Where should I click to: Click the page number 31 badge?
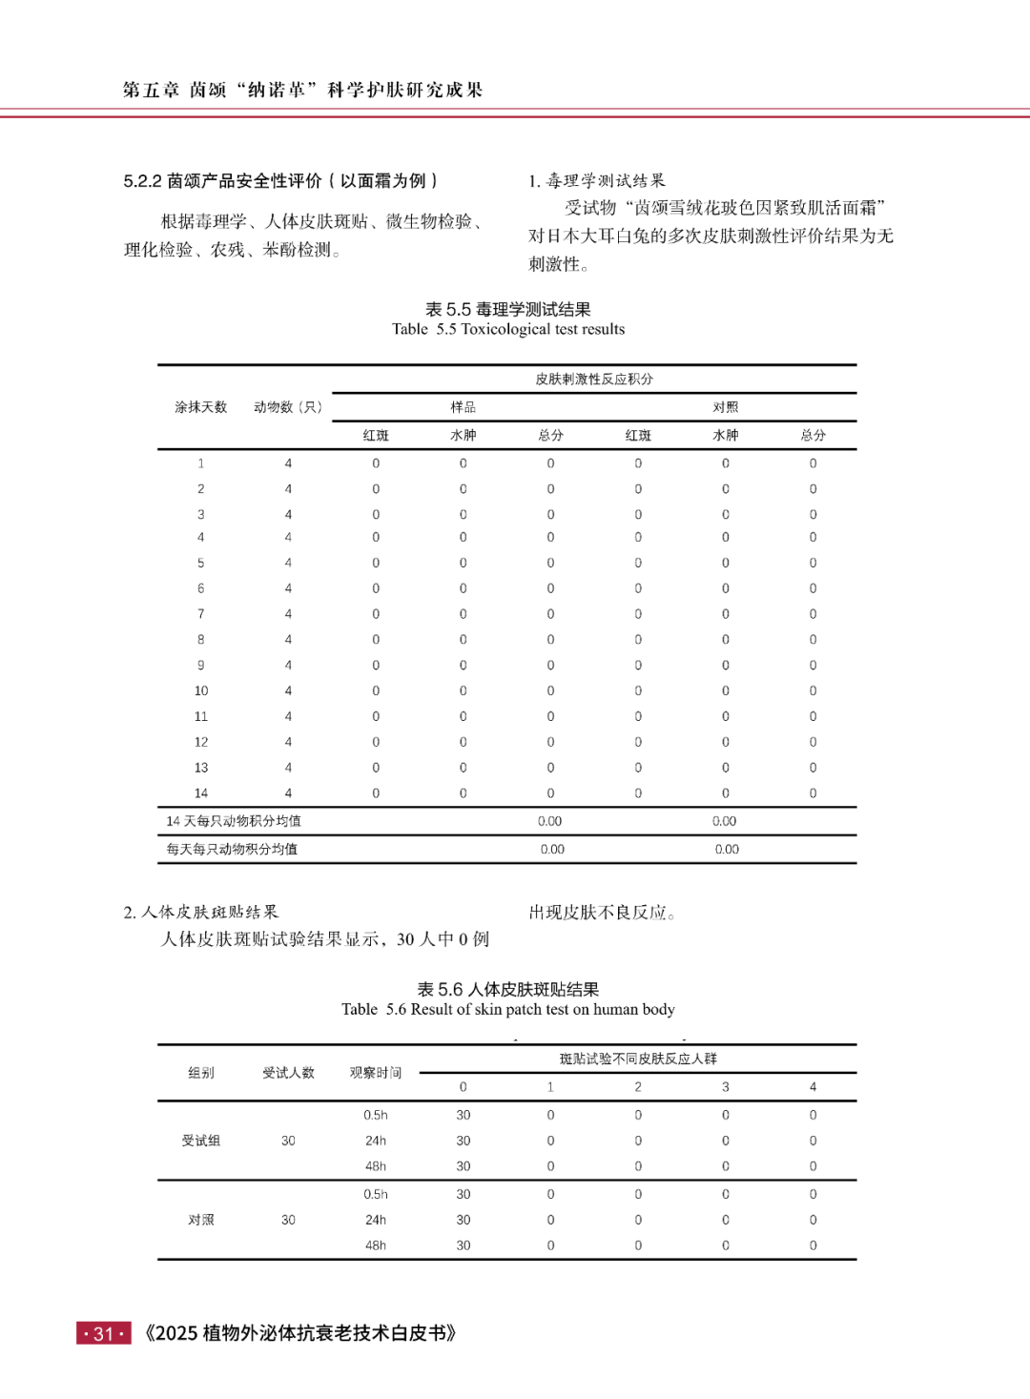103,1333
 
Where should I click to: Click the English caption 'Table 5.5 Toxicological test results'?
507,329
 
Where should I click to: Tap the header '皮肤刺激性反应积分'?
593,379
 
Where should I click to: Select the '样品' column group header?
463,407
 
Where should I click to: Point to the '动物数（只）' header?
288,407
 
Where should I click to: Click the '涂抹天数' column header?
200,407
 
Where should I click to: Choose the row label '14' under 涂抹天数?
200,792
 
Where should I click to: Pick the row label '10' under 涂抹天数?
200,690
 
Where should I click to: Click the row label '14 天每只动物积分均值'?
233,821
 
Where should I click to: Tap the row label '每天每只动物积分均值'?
232,849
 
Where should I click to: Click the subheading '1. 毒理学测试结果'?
597,181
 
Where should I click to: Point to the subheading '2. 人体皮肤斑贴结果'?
200,913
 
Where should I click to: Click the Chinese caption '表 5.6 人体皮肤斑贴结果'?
507,990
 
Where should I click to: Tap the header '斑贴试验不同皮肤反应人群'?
637,1059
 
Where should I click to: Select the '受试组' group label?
200,1141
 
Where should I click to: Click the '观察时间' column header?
375,1073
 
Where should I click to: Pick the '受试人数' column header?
288,1073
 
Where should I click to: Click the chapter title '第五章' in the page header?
151,90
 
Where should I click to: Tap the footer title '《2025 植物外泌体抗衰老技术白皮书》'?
299,1333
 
